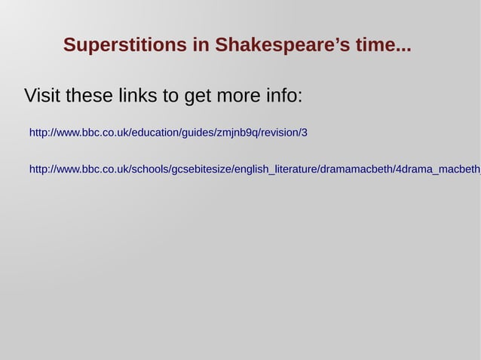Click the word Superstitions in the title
(125, 45)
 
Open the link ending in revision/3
(168, 133)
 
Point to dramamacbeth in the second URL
(356, 169)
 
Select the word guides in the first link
(196, 133)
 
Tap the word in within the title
(201, 45)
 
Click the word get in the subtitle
(198, 96)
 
